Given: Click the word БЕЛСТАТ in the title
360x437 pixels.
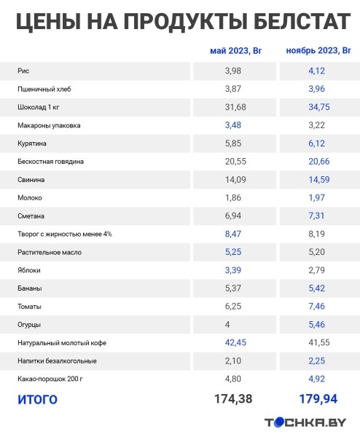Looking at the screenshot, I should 283,22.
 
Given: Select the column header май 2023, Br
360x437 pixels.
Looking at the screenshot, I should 235,51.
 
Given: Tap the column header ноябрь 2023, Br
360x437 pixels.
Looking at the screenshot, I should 318,51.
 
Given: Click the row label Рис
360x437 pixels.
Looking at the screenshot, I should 23,71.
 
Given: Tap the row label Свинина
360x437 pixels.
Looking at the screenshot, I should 31,179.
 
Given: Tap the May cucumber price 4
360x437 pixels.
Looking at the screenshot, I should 227,324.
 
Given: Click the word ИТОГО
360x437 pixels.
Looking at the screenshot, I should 36,399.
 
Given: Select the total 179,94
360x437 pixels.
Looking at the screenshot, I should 318,398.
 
